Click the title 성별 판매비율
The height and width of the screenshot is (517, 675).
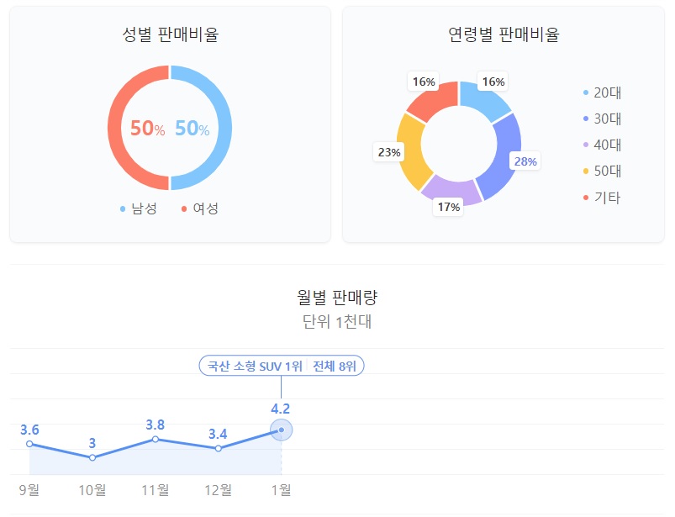[x=170, y=35]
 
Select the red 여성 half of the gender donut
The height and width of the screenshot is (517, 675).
[x=115, y=128]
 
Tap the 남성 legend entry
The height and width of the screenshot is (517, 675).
[x=138, y=208]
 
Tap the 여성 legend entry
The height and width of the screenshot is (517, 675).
[x=199, y=208]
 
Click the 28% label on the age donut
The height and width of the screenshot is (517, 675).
[x=525, y=161]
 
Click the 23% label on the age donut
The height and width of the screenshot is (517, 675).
[x=389, y=152]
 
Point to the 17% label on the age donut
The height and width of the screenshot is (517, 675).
[x=448, y=207]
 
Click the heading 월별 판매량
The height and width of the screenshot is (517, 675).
[x=336, y=297]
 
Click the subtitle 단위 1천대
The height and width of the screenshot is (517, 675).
[x=336, y=322]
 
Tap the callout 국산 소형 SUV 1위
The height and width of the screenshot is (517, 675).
[x=255, y=367]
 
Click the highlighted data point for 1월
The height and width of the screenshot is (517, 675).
[x=281, y=430]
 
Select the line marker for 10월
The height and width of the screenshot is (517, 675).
[x=92, y=457]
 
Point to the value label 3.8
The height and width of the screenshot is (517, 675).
[x=155, y=425]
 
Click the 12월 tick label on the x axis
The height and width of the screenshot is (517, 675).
[x=219, y=490]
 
